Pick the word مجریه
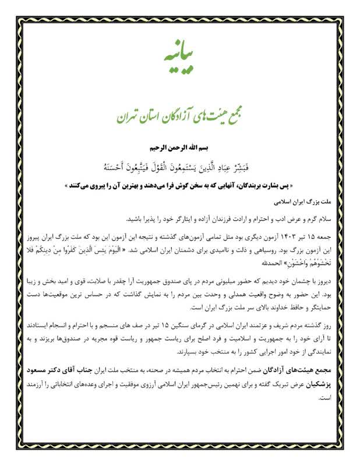tap(100, 340)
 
